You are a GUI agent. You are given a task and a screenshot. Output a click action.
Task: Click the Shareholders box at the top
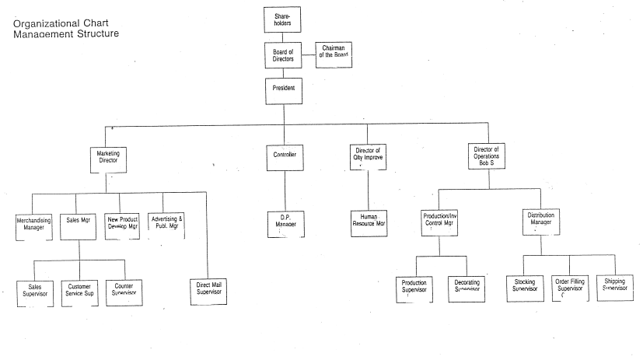[283, 19]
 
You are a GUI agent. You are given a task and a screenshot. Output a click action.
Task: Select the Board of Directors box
[283, 56]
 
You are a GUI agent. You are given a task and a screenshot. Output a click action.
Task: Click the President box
[283, 89]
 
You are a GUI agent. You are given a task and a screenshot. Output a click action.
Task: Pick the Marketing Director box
[108, 159]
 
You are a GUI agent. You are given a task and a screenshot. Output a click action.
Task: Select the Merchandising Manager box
[33, 224]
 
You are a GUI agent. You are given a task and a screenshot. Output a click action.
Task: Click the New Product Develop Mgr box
[123, 224]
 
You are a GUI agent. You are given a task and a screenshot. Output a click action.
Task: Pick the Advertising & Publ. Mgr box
[167, 224]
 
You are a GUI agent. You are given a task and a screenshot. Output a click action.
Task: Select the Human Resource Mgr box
[368, 222]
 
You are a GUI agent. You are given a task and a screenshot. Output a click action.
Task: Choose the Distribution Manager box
[540, 222]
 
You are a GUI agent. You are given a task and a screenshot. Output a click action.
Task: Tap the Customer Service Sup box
[79, 292]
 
